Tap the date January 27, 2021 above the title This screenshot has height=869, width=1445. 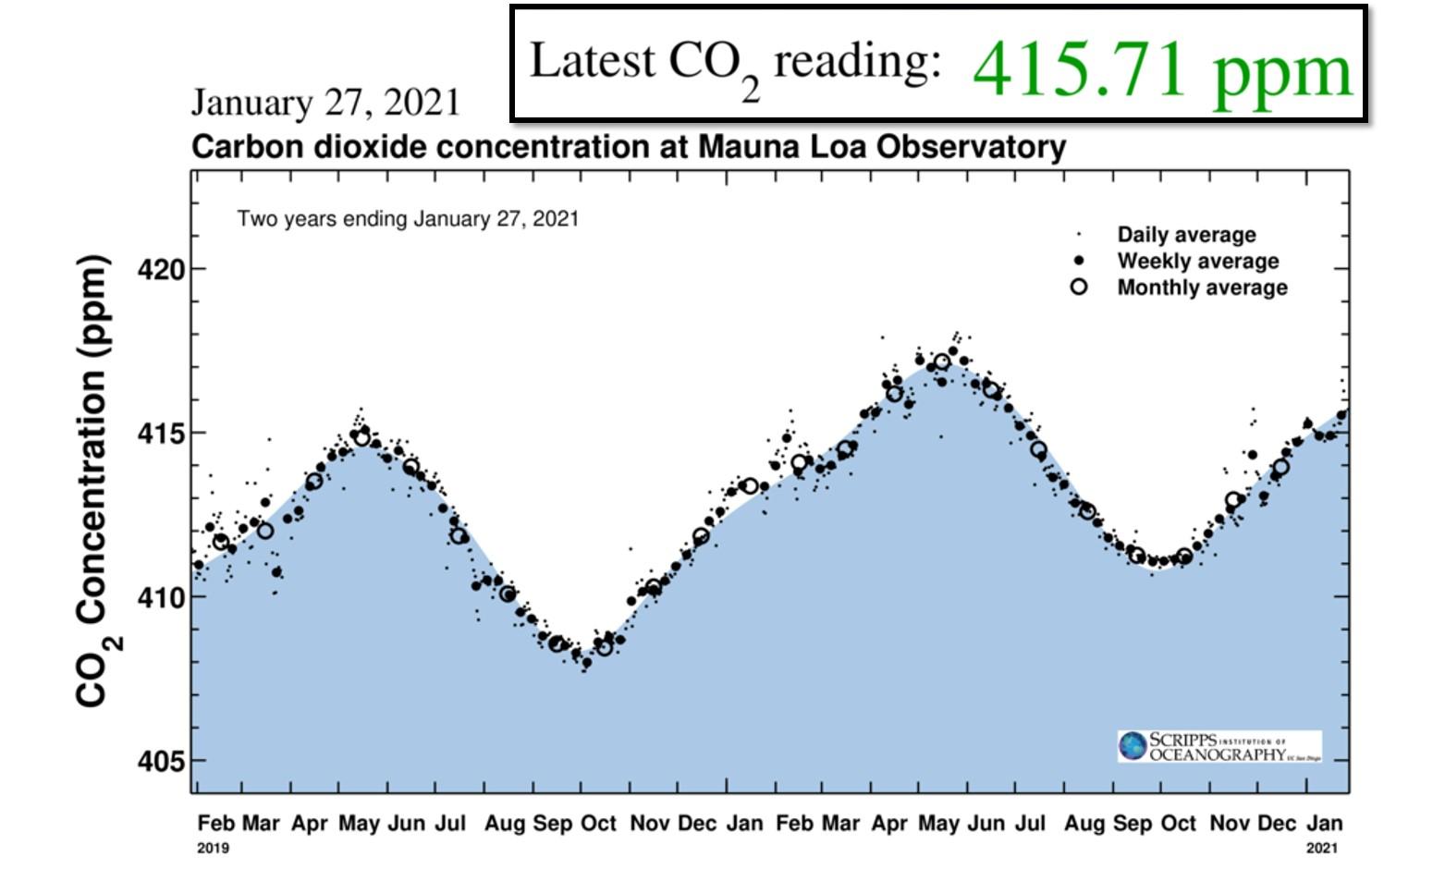point(325,103)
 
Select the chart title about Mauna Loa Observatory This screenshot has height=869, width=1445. point(628,147)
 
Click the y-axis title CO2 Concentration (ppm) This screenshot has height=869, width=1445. point(94,481)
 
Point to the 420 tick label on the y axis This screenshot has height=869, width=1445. point(161,270)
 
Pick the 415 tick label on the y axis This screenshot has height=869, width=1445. point(161,434)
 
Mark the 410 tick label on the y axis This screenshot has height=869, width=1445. point(161,598)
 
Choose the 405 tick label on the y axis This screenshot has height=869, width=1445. point(161,762)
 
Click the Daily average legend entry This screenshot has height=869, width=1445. point(1186,235)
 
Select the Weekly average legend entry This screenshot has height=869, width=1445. point(1197,261)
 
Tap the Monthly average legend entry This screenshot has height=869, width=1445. point(1202,288)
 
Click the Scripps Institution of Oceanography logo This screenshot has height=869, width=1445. point(1219,746)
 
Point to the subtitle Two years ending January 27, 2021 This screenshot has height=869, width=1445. point(408,219)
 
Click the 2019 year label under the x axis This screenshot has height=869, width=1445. point(213,848)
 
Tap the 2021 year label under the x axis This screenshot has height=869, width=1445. point(1322,848)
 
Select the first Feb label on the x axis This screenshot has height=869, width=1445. point(215,823)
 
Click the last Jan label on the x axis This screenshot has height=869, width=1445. point(1324,823)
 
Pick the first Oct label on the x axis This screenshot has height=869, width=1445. point(598,823)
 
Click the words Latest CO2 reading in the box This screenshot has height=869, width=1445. point(735,63)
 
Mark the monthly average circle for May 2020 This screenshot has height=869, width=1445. point(941,361)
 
